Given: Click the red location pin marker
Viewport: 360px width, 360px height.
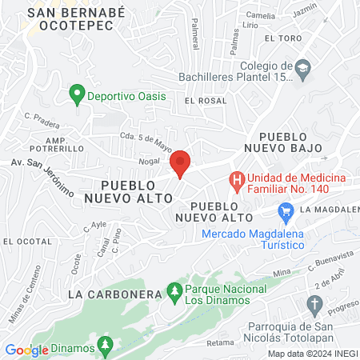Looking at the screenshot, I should pos(180,163).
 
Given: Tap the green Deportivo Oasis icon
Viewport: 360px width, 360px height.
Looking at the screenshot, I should pos(77,96).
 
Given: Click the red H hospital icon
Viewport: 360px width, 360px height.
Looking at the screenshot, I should pos(237,182).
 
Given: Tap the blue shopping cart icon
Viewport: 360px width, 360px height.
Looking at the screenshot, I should pos(285,212).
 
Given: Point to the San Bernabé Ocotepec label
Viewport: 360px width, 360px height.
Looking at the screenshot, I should pos(70,20).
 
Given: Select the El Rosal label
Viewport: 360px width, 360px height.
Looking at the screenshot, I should pos(201,101).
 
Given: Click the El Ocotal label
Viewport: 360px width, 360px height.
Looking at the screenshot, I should pos(22,240).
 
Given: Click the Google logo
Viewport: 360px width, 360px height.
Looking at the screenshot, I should pos(26,350).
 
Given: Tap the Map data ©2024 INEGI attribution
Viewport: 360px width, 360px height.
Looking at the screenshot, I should pos(311,353).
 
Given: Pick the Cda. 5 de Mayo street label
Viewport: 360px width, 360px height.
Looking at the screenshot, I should pos(146,141).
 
